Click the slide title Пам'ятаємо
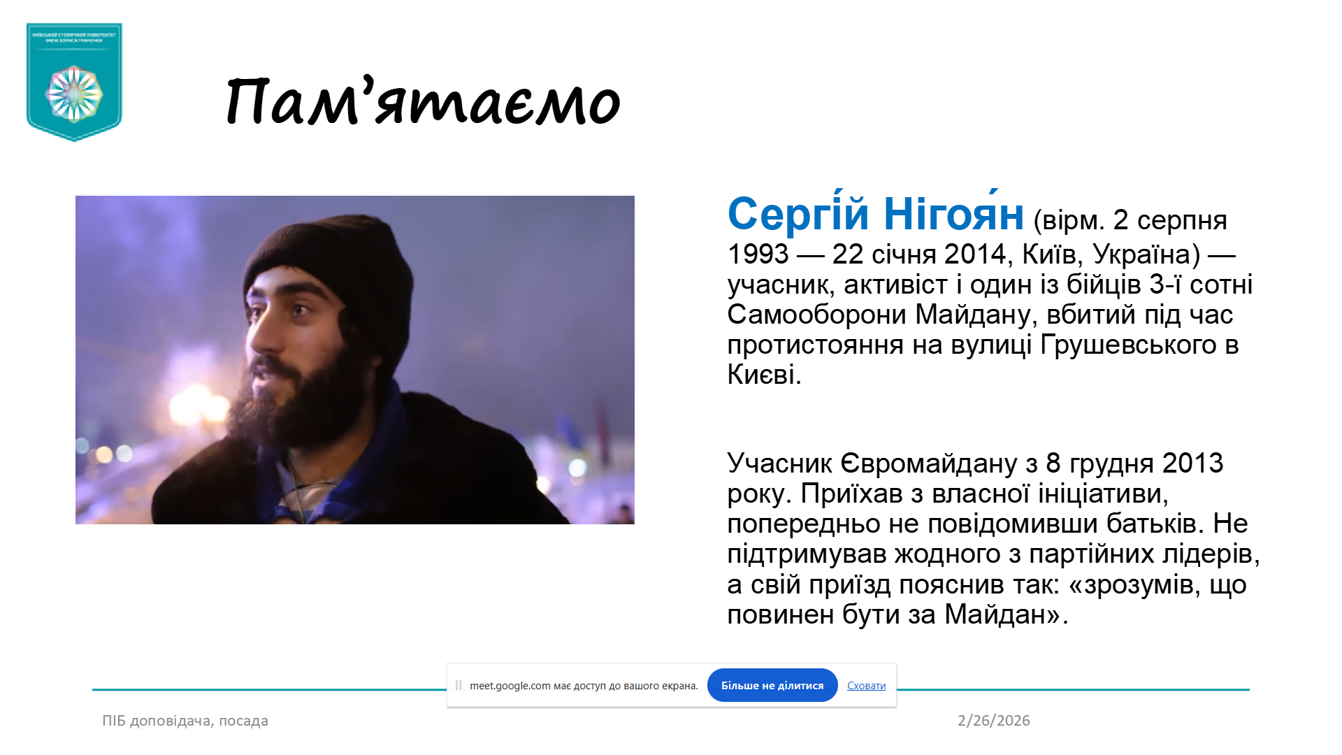tap(423, 103)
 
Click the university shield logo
tap(74, 82)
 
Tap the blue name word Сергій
tap(798, 214)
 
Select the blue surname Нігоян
tap(953, 214)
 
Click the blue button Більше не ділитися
tap(772, 686)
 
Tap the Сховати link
tap(866, 686)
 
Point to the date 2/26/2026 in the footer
tap(993, 721)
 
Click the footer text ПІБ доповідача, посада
tap(185, 721)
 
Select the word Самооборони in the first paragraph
tap(816, 315)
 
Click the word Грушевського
tap(1128, 345)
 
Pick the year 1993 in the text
tap(758, 254)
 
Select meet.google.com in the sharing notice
tap(510, 686)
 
